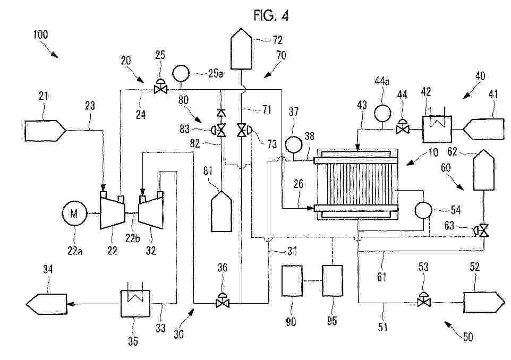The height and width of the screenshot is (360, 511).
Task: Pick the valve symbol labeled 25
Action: [x=158, y=89]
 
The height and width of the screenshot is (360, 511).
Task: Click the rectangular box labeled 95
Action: [x=333, y=280]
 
